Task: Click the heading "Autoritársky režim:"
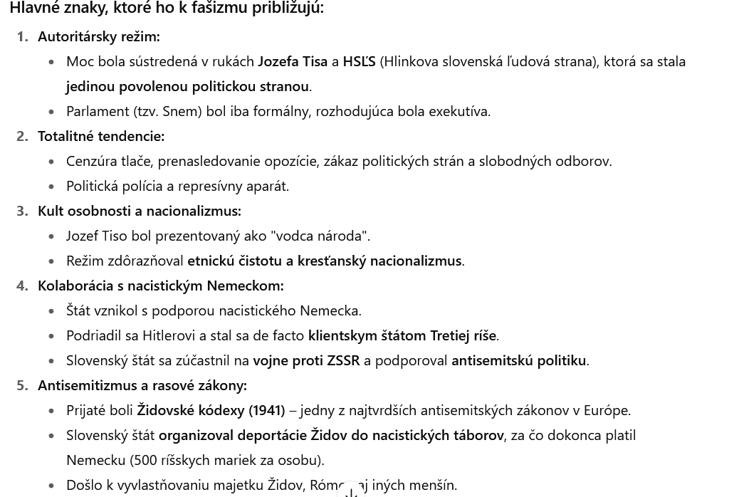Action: pos(98,36)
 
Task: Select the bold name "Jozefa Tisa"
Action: pos(292,61)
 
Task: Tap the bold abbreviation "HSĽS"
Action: pos(359,61)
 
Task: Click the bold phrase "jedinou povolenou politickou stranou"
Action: pos(187,86)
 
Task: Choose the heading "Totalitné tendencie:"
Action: pos(101,136)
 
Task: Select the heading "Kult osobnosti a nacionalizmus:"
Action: pos(140,211)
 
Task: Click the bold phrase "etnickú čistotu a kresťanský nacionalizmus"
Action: pos(324,261)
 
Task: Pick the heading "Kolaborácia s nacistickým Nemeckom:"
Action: pos(160,286)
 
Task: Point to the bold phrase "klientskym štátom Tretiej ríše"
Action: pos(402,335)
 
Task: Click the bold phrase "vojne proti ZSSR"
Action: pos(306,360)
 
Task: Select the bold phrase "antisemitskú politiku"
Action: pos(518,360)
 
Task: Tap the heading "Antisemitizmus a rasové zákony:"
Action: pos(142,385)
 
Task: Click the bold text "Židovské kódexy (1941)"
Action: pos(211,410)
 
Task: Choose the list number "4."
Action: pos(23,286)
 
